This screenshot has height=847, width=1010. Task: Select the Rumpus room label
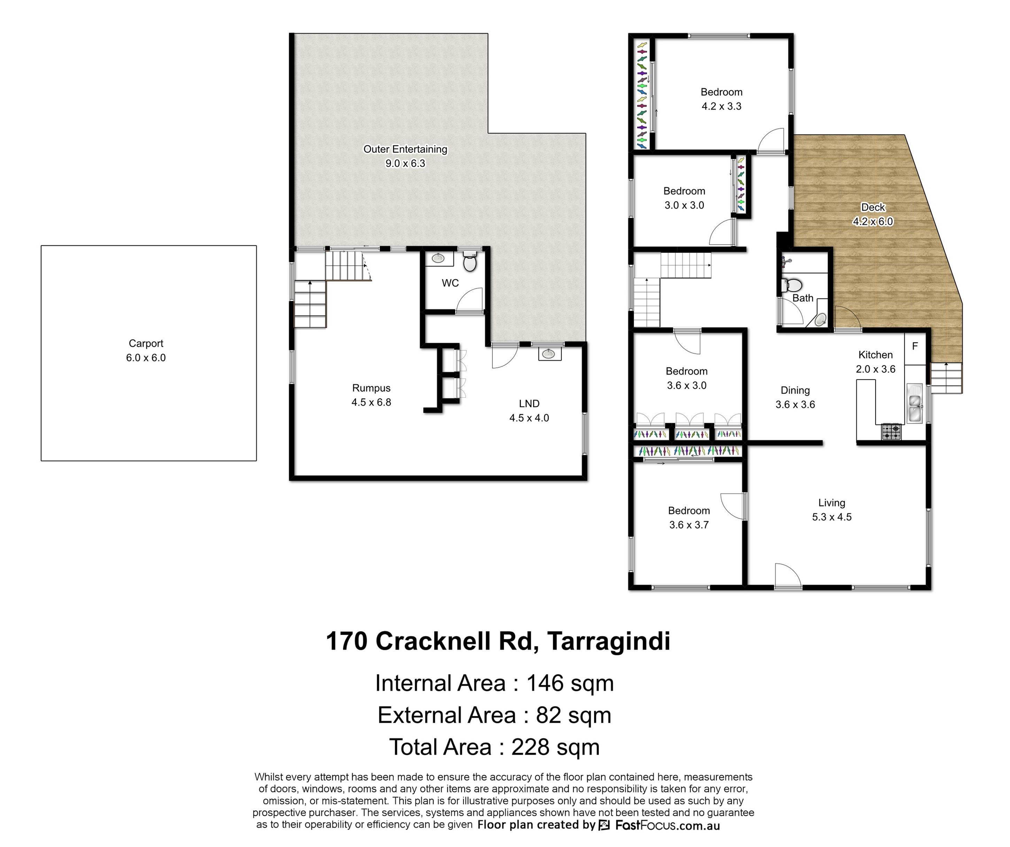point(371,388)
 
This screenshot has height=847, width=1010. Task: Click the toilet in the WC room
point(470,262)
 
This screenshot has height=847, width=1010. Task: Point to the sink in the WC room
point(438,258)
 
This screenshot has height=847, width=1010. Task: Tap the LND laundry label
point(529,404)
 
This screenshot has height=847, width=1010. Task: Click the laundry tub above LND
point(550,354)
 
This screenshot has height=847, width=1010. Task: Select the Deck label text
point(873,207)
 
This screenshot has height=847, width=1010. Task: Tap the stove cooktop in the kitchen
point(891,432)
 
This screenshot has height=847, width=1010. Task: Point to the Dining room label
point(795,390)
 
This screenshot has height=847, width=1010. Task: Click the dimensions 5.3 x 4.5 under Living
point(832,517)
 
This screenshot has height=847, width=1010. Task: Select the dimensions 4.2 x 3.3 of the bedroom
point(721,106)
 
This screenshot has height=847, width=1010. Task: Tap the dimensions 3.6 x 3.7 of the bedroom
point(689,525)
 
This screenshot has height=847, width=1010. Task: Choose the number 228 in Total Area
point(530,747)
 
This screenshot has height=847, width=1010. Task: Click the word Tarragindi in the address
point(608,641)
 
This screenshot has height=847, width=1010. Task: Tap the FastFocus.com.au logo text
point(668,826)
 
